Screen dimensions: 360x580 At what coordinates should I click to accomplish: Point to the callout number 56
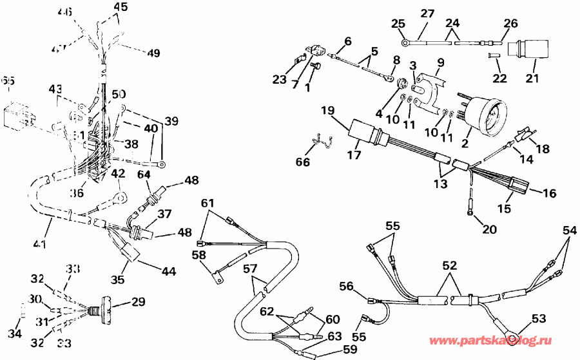pyautogui.click(x=347, y=286)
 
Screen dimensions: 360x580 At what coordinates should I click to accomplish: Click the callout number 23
pyautogui.click(x=279, y=80)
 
